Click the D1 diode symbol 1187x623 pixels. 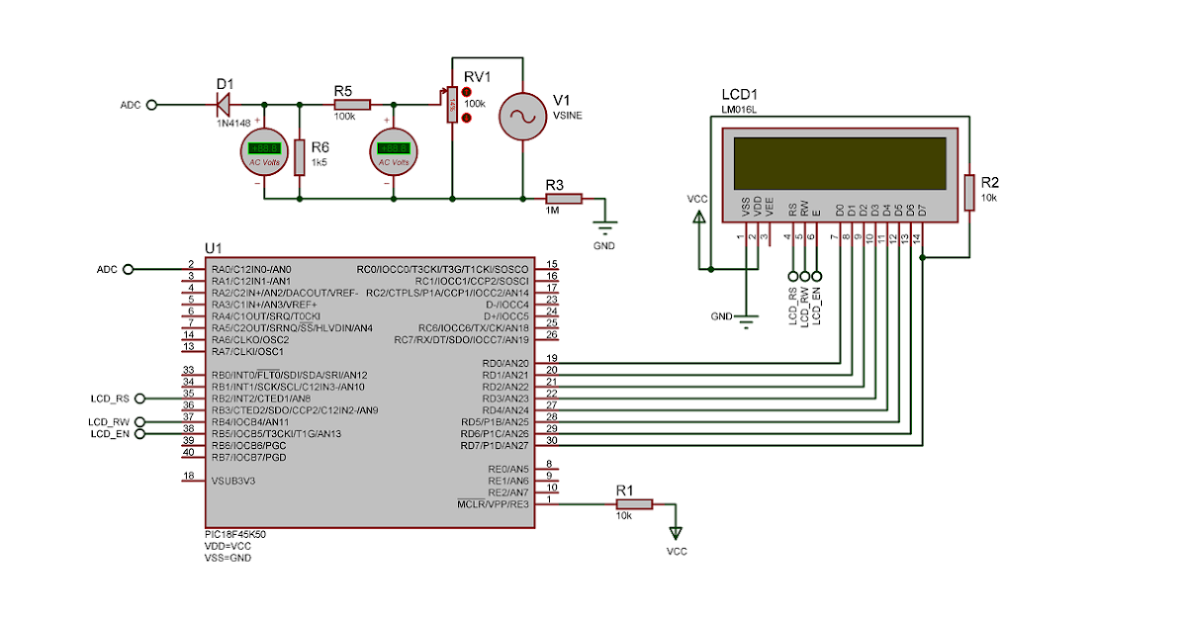(224, 104)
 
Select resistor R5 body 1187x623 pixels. (351, 104)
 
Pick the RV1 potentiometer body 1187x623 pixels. (452, 104)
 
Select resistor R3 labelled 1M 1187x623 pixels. (563, 198)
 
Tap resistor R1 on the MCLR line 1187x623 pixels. (634, 504)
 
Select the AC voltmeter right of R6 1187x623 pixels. (394, 152)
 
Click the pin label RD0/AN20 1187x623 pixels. (505, 364)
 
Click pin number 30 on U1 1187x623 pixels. (552, 439)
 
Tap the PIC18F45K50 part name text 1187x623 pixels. (234, 534)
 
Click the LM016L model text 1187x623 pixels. (739, 109)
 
